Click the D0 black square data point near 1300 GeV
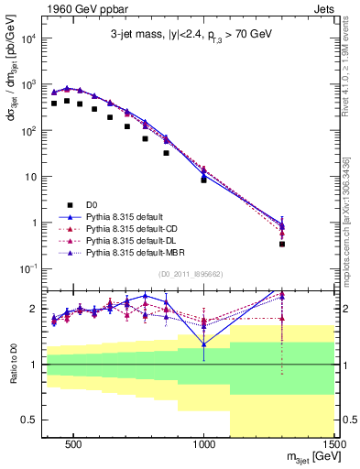[282, 244]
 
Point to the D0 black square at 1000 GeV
[203, 180]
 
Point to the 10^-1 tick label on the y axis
[28, 268]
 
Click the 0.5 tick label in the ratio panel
[27, 420]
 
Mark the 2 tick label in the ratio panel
[32, 309]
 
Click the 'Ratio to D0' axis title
[11, 365]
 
